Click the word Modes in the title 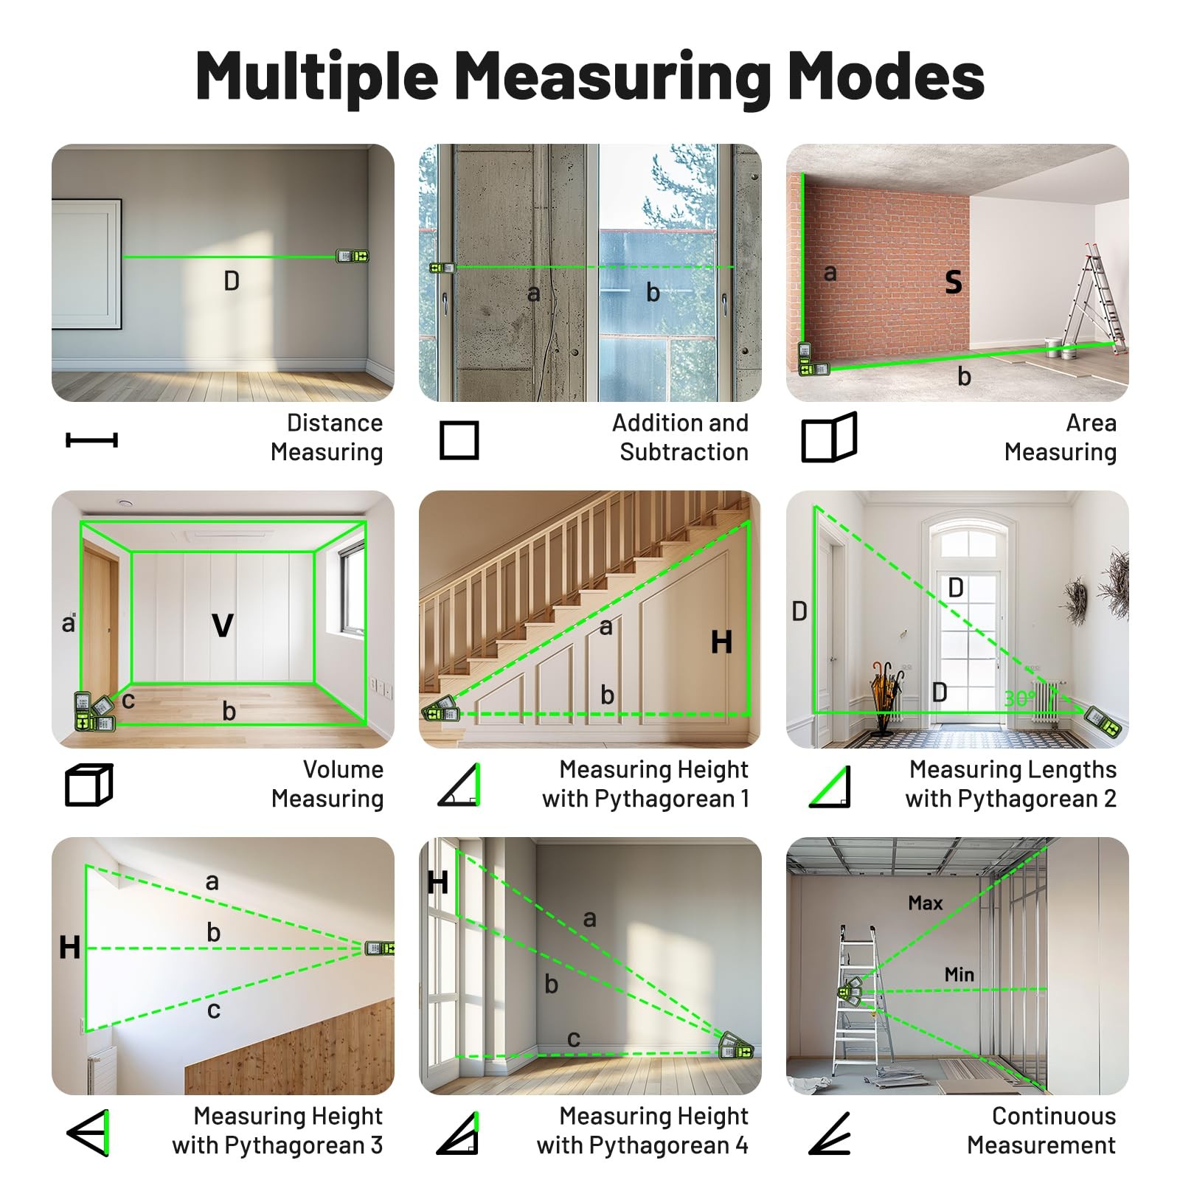pos(886,77)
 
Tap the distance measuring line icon pos(91,440)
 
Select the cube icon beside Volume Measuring pos(89,785)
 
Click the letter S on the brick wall pos(954,282)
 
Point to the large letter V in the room pos(223,625)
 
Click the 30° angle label pos(1019,698)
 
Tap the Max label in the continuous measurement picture pos(925,903)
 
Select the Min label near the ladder pos(959,974)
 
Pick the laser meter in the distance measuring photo pos(353,256)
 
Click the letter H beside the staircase pos(721,642)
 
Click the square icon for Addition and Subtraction pos(459,440)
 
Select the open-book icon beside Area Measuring pos(829,438)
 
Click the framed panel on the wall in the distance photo pos(86,263)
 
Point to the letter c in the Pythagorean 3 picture pos(213,1010)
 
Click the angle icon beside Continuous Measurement pos(830,1133)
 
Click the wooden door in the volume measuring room pos(100,619)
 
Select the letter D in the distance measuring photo pos(232,281)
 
